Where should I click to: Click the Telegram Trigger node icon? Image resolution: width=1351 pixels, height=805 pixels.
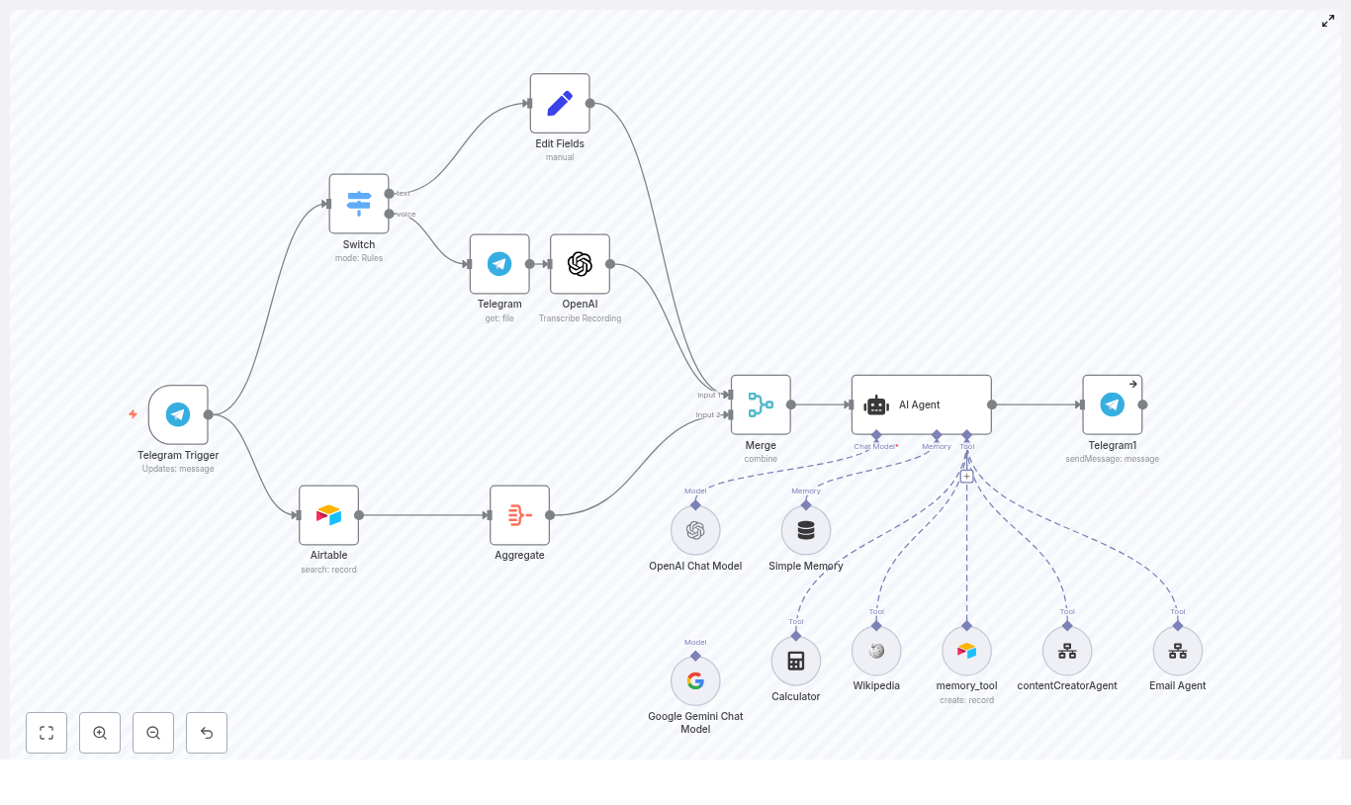pyautogui.click(x=178, y=414)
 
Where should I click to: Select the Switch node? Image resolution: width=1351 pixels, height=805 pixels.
pyautogui.click(x=359, y=204)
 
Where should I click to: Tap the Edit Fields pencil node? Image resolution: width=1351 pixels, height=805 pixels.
pyautogui.click(x=560, y=103)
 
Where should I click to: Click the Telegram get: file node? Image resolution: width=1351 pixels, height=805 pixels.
pyautogui.click(x=499, y=264)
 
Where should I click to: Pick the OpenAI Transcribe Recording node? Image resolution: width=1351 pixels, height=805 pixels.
pyautogui.click(x=580, y=264)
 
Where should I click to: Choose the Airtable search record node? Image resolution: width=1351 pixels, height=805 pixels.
pyautogui.click(x=328, y=514)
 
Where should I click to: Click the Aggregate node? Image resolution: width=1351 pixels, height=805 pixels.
pyautogui.click(x=519, y=514)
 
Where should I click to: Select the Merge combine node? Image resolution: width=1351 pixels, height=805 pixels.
pyautogui.click(x=761, y=404)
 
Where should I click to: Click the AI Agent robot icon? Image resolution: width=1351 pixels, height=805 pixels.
pyautogui.click(x=876, y=404)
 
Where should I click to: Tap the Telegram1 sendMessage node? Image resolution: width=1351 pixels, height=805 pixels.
pyautogui.click(x=1112, y=404)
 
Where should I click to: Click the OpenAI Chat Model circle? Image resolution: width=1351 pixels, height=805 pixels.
pyautogui.click(x=695, y=531)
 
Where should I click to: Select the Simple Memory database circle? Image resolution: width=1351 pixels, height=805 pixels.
pyautogui.click(x=806, y=531)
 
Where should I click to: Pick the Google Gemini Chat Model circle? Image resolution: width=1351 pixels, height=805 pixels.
pyautogui.click(x=695, y=681)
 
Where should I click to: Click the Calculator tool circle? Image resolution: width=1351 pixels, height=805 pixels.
pyautogui.click(x=796, y=661)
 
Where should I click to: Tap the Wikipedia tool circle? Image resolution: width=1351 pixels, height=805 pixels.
pyautogui.click(x=876, y=651)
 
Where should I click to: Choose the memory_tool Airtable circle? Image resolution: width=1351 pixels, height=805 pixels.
pyautogui.click(x=966, y=651)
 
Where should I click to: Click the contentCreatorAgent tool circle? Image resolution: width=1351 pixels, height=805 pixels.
pyautogui.click(x=1067, y=651)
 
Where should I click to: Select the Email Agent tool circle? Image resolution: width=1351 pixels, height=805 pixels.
pyautogui.click(x=1177, y=651)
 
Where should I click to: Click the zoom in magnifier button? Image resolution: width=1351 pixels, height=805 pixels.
pyautogui.click(x=100, y=733)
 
